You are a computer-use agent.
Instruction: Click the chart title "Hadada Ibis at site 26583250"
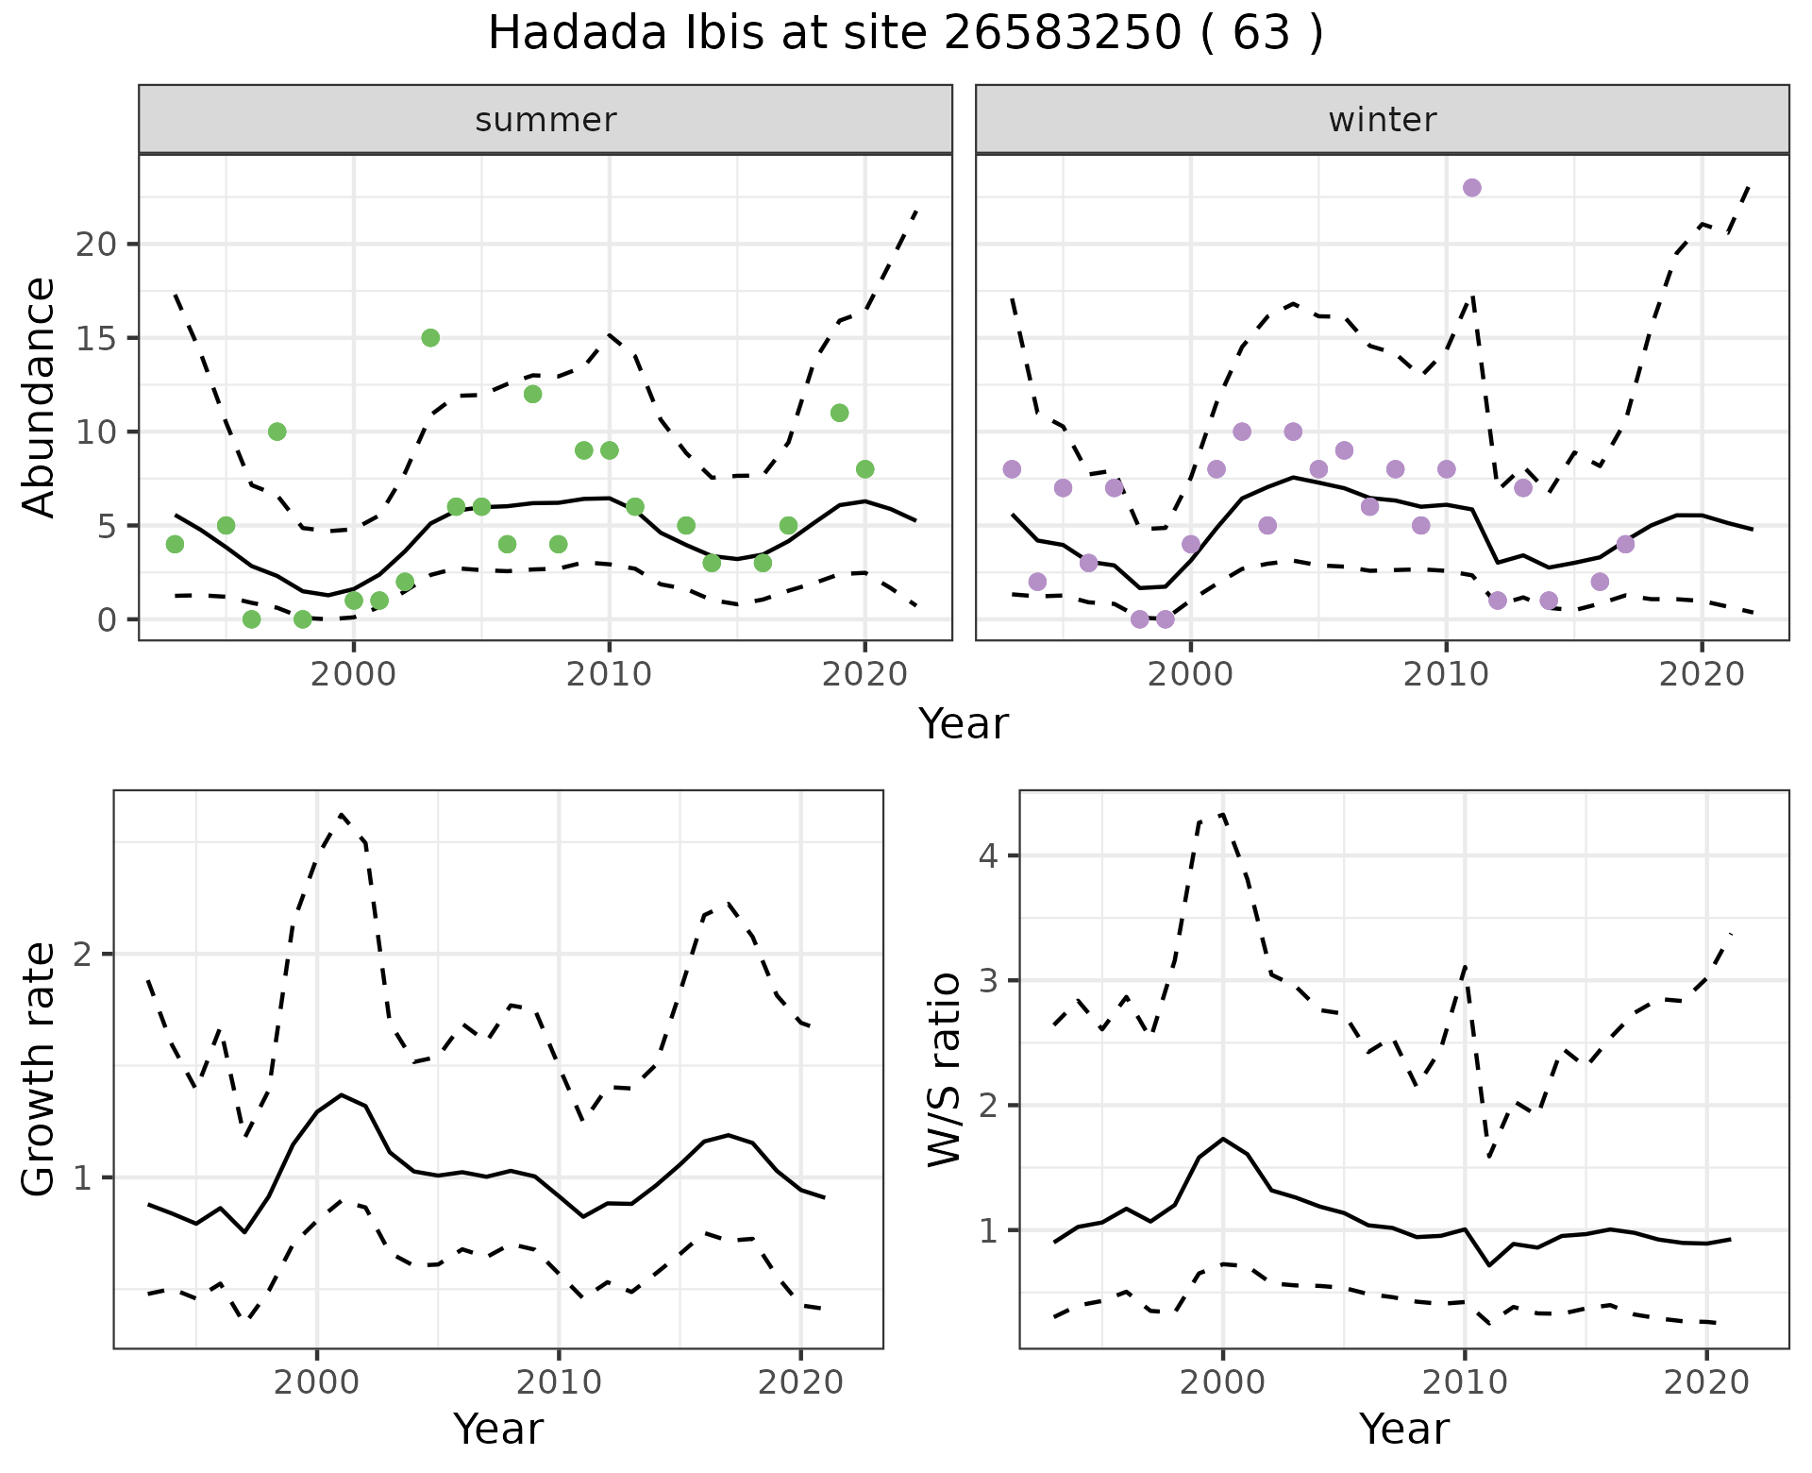pyautogui.click(x=904, y=34)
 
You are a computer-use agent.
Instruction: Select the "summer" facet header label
pyautogui.click(x=545, y=120)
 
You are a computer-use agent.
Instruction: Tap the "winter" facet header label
pyautogui.click(x=1382, y=120)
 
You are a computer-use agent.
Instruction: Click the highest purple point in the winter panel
pyautogui.click(x=1471, y=188)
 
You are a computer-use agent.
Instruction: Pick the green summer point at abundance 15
pyautogui.click(x=430, y=338)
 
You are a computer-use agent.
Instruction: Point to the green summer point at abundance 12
pyautogui.click(x=532, y=394)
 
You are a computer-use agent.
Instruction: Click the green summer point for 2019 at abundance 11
pyautogui.click(x=839, y=413)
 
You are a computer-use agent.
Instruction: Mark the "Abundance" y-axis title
pyautogui.click(x=39, y=397)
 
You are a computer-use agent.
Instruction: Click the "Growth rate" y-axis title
pyautogui.click(x=39, y=1069)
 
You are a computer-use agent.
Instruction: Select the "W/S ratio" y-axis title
pyautogui.click(x=944, y=1069)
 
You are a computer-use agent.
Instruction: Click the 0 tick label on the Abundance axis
pyautogui.click(x=104, y=619)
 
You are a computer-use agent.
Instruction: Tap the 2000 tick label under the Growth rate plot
pyautogui.click(x=317, y=1382)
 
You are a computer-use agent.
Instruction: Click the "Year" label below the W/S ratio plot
pyautogui.click(x=1404, y=1429)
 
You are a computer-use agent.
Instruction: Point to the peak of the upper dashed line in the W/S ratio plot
pyautogui.click(x=1222, y=813)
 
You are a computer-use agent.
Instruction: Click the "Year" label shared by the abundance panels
pyautogui.click(x=964, y=724)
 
